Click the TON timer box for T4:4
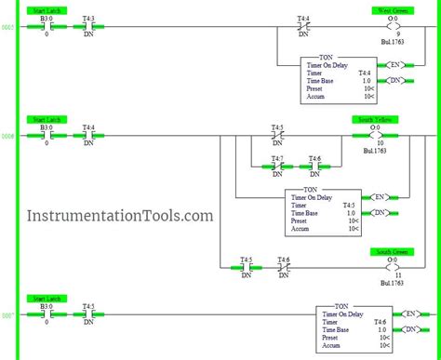[338, 79]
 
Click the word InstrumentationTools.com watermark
[107, 216]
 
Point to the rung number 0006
[8, 136]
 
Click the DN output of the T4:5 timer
[378, 214]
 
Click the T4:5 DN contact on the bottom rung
[88, 313]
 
